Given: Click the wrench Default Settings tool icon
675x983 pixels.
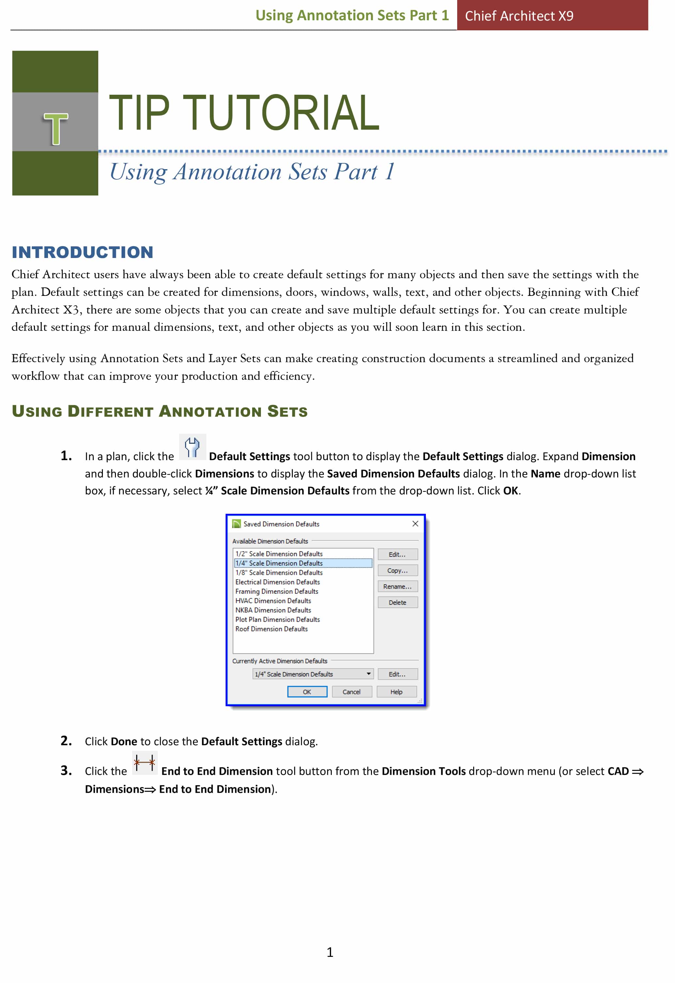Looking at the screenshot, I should coord(192,447).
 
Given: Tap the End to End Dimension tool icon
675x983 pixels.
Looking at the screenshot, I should coord(145,764).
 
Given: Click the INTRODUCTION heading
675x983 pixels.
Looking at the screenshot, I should coord(83,252).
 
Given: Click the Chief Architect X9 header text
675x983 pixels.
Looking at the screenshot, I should coord(519,16).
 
